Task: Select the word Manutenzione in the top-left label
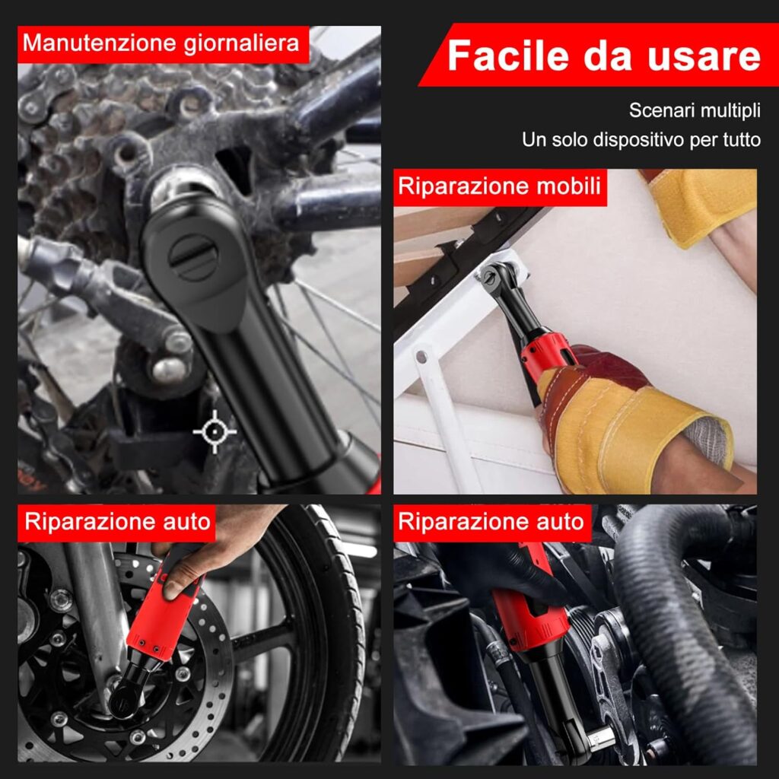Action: coord(100,43)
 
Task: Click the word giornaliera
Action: coord(241,43)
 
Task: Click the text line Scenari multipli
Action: coord(695,110)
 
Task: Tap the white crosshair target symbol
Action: coord(215,432)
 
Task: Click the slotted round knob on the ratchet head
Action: coord(192,257)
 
